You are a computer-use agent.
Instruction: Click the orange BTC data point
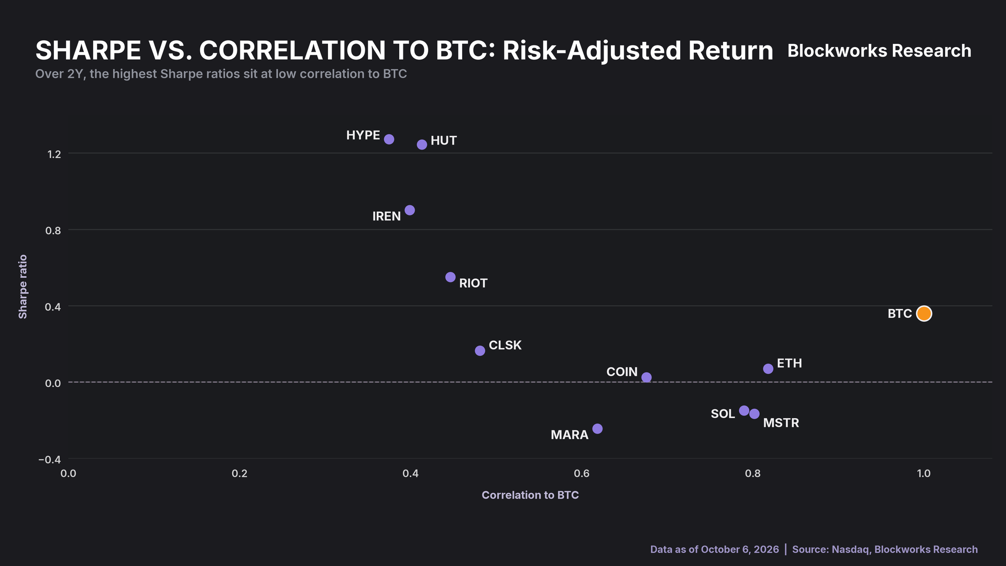point(924,313)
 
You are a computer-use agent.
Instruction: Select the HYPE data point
point(389,139)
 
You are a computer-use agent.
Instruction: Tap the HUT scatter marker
point(422,145)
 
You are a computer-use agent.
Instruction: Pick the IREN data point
point(410,210)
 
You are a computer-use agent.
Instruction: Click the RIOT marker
point(450,277)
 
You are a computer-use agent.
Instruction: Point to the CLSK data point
point(480,351)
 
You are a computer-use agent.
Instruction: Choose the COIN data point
point(647,377)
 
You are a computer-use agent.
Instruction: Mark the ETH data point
point(768,369)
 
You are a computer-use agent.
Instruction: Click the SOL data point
point(744,410)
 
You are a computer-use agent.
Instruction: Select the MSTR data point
point(754,414)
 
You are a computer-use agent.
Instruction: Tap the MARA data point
point(597,429)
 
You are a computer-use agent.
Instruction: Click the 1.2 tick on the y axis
point(54,154)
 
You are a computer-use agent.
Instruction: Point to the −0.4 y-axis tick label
point(50,460)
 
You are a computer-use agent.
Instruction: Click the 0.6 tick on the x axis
point(582,474)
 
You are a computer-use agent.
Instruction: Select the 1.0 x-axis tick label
point(924,474)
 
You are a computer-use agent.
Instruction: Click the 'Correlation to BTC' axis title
point(530,495)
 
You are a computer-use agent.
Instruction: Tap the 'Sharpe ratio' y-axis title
point(23,287)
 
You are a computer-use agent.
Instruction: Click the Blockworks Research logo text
point(879,51)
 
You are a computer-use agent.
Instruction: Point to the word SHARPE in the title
point(88,51)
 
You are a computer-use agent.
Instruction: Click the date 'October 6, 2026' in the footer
point(740,549)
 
